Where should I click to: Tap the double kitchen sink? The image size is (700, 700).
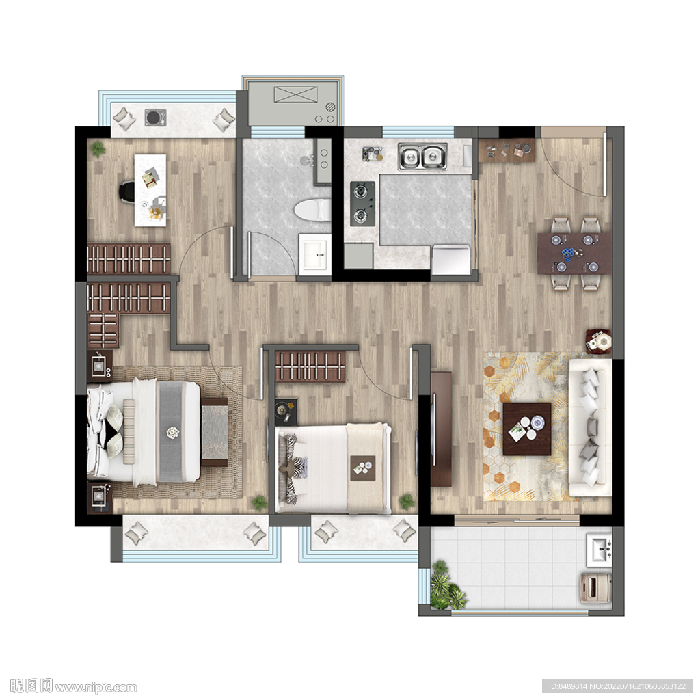[x=422, y=157]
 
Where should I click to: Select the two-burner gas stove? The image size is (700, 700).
[x=362, y=204]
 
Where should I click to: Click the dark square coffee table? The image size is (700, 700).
[x=527, y=429]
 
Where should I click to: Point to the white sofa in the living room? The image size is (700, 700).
[x=589, y=427]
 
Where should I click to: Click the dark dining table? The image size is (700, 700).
[x=574, y=253]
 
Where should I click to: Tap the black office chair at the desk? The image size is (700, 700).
[x=126, y=192]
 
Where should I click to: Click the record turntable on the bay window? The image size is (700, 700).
[x=155, y=118]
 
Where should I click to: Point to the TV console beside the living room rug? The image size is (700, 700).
[x=441, y=429]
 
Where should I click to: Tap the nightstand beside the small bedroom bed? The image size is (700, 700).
[x=286, y=411]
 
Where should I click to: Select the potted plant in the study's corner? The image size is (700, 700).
[x=97, y=149]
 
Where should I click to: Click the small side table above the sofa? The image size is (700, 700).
[x=598, y=342]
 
